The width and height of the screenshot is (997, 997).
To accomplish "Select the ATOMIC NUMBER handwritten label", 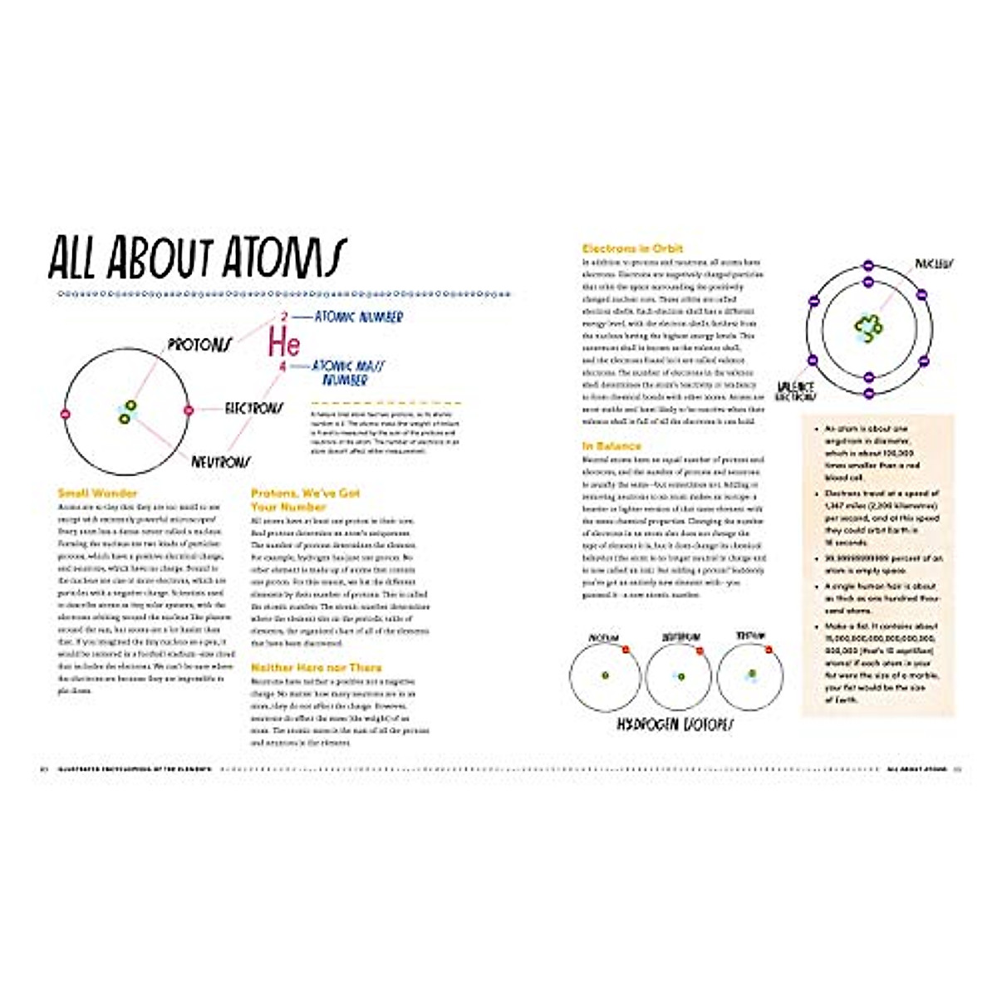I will tap(358, 317).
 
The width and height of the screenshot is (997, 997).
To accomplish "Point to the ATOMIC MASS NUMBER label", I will tap(348, 372).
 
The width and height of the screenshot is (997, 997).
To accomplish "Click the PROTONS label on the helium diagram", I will tap(199, 344).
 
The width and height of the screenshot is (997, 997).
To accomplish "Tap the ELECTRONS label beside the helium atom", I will tap(253, 408).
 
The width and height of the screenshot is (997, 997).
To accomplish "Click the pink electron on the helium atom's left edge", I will tap(65, 411).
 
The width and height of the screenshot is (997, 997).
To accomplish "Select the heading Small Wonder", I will tap(97, 493).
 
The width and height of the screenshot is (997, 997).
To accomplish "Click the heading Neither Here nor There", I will tap(317, 667).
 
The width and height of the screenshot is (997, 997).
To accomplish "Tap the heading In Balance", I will tap(611, 446).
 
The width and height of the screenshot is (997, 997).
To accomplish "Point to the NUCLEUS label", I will tap(934, 263).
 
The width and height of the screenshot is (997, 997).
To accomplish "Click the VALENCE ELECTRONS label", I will tap(795, 392).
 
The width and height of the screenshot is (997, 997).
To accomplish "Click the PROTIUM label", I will tap(603, 637).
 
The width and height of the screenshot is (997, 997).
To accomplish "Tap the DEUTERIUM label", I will tap(680, 637).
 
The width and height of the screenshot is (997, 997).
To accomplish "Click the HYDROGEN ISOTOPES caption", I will tap(675, 724).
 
